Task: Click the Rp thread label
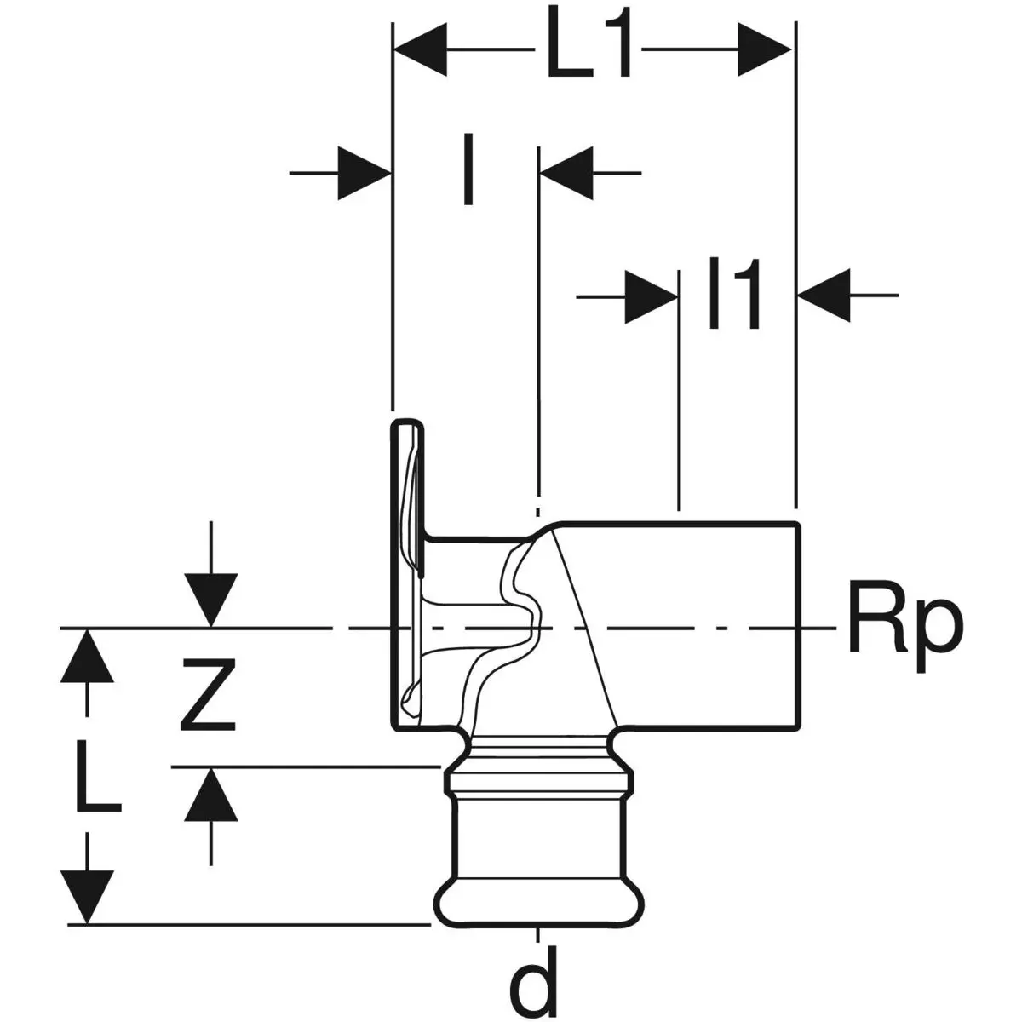click(x=904, y=629)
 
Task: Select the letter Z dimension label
click(x=207, y=698)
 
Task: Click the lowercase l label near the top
click(x=467, y=170)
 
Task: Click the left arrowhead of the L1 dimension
click(x=422, y=50)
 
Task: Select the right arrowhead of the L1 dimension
click(x=764, y=50)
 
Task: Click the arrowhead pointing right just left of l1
click(x=652, y=296)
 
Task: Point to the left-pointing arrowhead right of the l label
click(x=566, y=174)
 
